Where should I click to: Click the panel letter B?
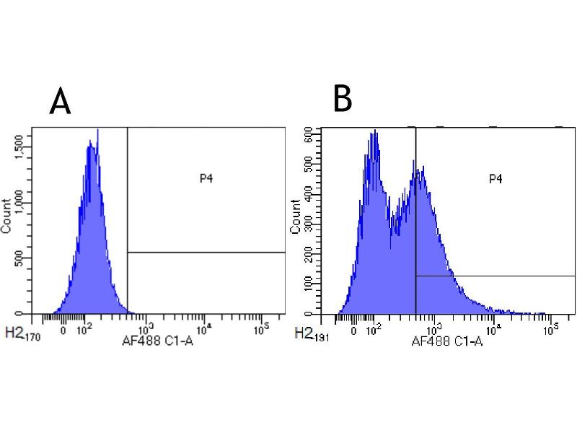coord(343,99)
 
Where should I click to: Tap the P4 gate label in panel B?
coord(495,178)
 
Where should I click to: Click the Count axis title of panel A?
coord(6,215)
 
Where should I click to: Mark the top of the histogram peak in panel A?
coord(97,131)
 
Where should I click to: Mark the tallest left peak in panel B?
coord(375,131)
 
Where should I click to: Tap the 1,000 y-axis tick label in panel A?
coord(27,204)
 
